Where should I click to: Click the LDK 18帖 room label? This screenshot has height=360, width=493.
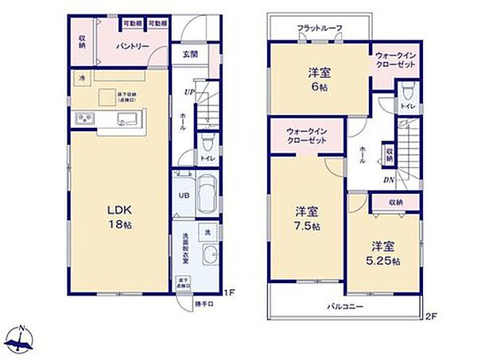tap(119, 217)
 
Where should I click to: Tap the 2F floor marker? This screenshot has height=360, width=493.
tap(431, 316)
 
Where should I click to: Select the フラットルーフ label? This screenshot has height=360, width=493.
tap(320, 29)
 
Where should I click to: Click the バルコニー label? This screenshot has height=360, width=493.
tap(344, 305)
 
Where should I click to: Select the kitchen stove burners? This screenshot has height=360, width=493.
tap(85, 120)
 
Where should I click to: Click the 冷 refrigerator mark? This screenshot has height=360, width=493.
tap(83, 78)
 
